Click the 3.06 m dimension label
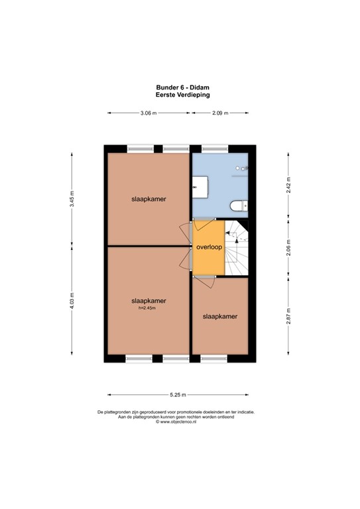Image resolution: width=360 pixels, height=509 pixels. [149, 113]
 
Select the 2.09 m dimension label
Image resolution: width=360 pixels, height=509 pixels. [220, 113]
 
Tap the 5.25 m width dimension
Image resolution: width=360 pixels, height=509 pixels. [178, 395]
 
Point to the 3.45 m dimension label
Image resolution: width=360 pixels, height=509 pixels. [72, 199]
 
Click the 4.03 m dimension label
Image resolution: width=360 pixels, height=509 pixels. [72, 301]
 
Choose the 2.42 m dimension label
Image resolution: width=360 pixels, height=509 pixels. [288, 185]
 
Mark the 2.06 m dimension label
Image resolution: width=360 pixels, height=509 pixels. [288, 248]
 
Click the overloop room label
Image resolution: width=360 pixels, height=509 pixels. [210, 247]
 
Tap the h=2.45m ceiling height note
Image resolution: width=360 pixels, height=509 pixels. [147, 308]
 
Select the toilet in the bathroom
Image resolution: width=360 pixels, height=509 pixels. [239, 206]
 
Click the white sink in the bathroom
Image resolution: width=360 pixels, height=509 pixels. [200, 187]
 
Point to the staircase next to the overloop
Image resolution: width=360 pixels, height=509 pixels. [236, 248]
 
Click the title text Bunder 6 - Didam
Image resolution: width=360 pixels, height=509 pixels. [183, 87]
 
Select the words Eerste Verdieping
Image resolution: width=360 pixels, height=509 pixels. [183, 95]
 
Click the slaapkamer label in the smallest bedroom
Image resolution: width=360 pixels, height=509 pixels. [220, 317]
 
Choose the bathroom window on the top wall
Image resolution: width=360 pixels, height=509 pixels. [215, 149]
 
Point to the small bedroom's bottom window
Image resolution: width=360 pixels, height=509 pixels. [213, 359]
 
